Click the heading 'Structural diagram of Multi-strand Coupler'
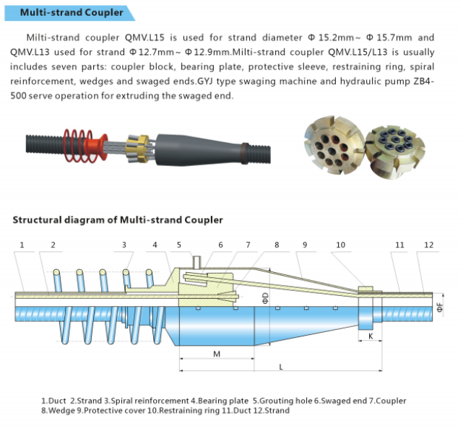coord(118,219)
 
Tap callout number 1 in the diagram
coord(22,245)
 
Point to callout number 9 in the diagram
coord(305,245)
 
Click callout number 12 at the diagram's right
coord(428,245)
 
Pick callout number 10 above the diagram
coord(341,245)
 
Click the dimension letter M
coord(217,354)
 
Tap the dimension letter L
coord(280,367)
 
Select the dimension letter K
coord(371,336)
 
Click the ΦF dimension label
coord(439,307)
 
